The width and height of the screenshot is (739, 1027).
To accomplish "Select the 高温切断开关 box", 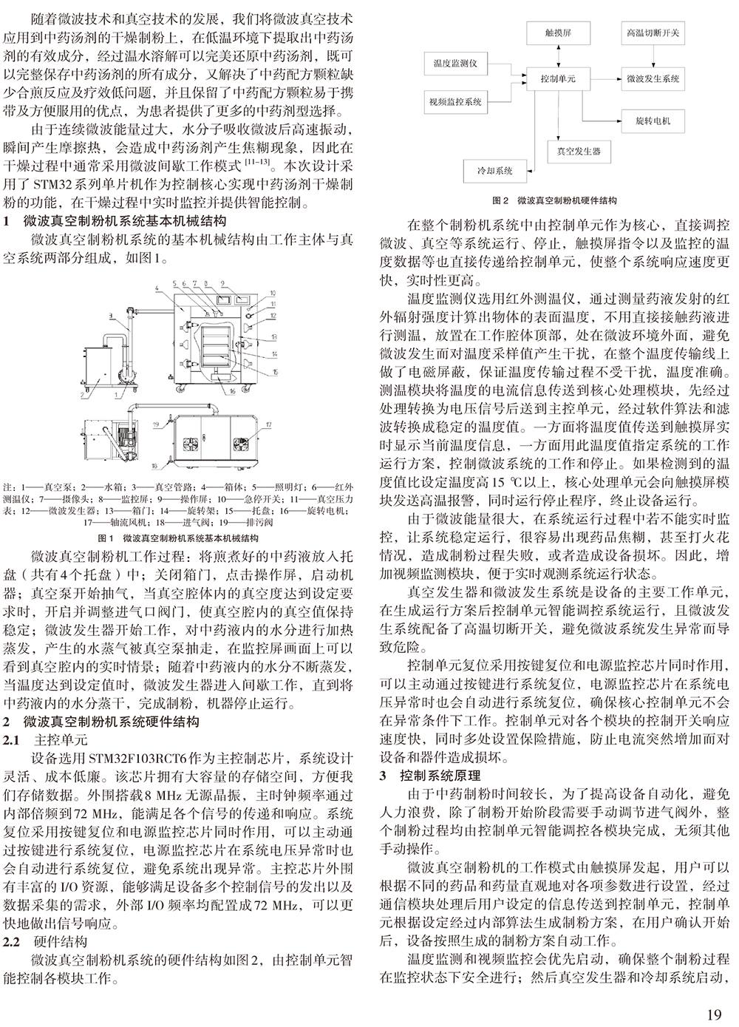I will pyautogui.click(x=653, y=33).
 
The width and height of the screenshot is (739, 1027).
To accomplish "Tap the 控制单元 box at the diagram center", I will pyautogui.click(x=558, y=78).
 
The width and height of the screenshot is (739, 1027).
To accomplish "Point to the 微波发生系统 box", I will pyautogui.click(x=653, y=78).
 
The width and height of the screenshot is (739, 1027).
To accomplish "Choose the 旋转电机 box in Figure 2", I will pyautogui.click(x=653, y=121).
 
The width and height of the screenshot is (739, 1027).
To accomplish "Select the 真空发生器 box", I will pyautogui.click(x=579, y=152).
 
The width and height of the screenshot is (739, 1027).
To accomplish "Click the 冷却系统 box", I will pyautogui.click(x=497, y=171).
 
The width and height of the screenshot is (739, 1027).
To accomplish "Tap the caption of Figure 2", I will pyautogui.click(x=554, y=200).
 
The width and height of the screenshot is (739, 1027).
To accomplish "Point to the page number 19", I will pyautogui.click(x=714, y=1014).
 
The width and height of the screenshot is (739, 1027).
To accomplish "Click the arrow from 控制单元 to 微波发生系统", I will pyautogui.click(x=600, y=79).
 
